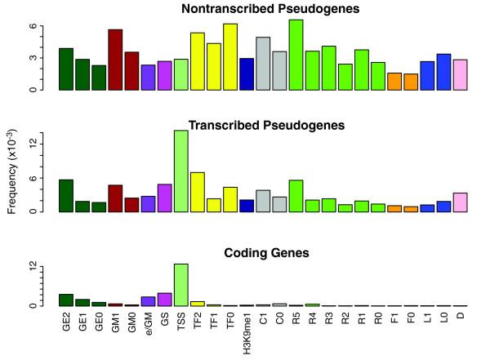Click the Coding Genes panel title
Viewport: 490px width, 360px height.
coord(266,253)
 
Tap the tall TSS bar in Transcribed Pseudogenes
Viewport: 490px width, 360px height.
coord(180,171)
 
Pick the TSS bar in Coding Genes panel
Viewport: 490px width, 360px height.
coord(180,285)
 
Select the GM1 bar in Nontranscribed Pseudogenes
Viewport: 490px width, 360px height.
coord(115,60)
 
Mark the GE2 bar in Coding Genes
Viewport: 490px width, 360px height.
coord(66,300)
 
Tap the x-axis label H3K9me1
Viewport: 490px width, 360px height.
coord(247,333)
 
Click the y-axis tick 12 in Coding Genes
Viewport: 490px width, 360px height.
coord(34,267)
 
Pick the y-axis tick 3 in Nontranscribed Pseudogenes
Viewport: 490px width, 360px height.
coord(34,58)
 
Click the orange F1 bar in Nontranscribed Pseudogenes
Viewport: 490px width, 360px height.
coord(394,81)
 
